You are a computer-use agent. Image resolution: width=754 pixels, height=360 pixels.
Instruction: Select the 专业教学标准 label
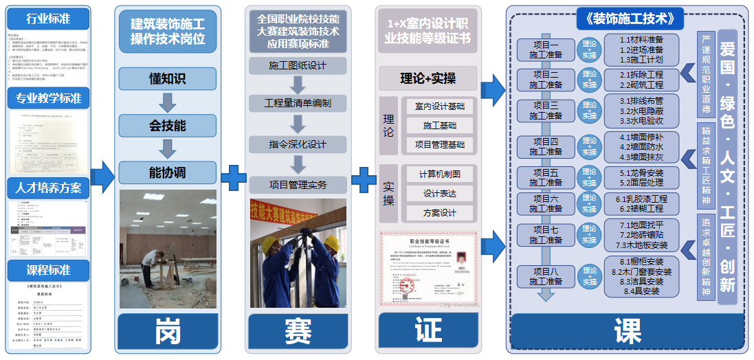[x=49, y=98]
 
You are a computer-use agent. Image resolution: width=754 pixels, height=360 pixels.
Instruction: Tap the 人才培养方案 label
[x=49, y=186]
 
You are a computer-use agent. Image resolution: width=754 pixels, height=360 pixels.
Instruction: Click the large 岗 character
[x=168, y=332]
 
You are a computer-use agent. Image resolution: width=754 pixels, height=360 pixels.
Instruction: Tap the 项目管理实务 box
[x=298, y=184]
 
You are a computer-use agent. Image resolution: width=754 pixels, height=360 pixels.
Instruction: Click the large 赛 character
[x=298, y=332]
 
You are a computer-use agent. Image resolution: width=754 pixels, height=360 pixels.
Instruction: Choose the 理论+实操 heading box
[x=428, y=78]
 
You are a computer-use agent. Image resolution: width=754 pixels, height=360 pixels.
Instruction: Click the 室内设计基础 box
[x=440, y=106]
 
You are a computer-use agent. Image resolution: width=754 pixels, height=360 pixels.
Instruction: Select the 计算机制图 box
[x=440, y=174]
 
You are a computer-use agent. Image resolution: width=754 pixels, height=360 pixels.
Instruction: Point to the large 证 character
[x=428, y=332]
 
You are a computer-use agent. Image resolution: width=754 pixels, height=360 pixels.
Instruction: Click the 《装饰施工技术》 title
[x=626, y=18]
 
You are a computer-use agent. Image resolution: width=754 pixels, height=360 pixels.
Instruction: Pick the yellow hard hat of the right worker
[x=331, y=241]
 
